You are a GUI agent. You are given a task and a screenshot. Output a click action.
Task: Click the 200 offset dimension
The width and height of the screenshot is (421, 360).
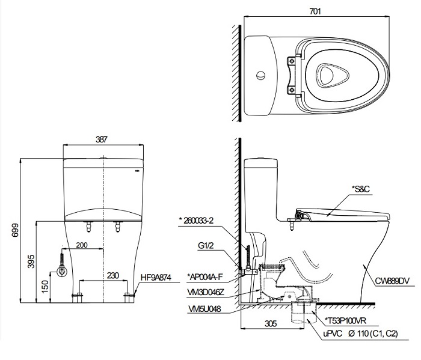coord(82,245)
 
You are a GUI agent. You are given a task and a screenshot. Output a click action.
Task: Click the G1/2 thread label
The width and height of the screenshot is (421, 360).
coord(207,245)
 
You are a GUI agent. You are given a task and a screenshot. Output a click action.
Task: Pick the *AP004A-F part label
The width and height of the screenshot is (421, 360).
coord(206,277)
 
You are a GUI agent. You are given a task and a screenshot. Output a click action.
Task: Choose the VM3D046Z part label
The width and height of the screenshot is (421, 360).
coord(207,291)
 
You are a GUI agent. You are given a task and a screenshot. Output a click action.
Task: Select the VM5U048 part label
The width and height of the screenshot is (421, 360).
coord(205,308)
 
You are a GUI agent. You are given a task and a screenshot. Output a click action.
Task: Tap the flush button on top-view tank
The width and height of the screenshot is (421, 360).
coord(260,76)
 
